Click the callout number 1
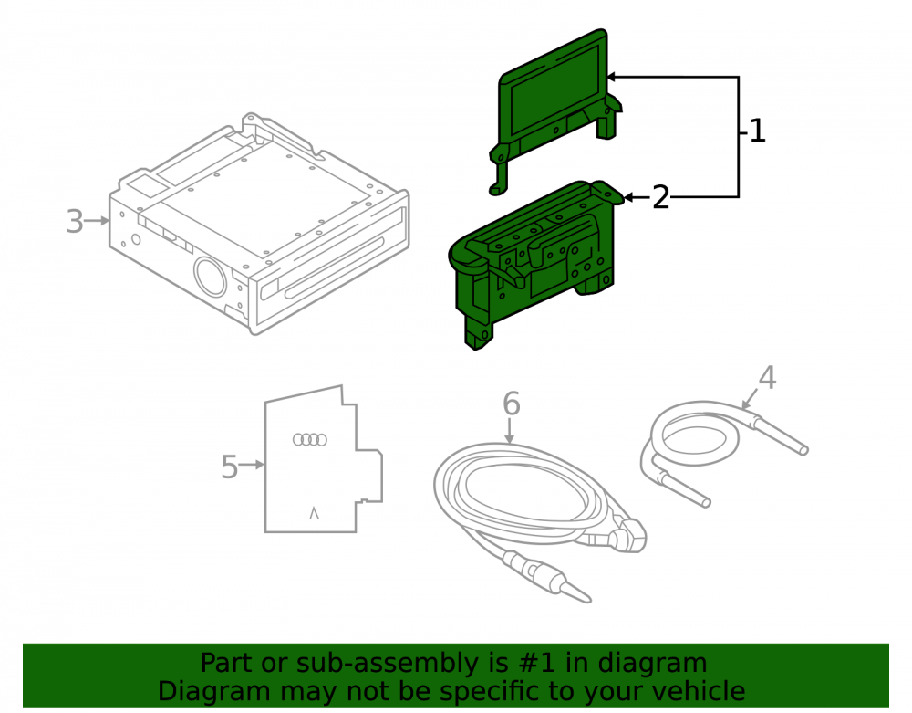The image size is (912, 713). tap(757, 131)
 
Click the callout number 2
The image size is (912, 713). tap(660, 198)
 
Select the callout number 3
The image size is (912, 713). tap(75, 221)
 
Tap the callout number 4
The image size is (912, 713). tap(767, 378)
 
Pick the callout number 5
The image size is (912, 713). tap(230, 467)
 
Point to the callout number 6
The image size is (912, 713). tap(512, 404)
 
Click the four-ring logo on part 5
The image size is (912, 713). tap(310, 439)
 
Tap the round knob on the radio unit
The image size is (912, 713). tap(210, 277)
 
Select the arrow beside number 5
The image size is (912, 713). tap(252, 465)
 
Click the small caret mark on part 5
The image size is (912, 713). tap(314, 513)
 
